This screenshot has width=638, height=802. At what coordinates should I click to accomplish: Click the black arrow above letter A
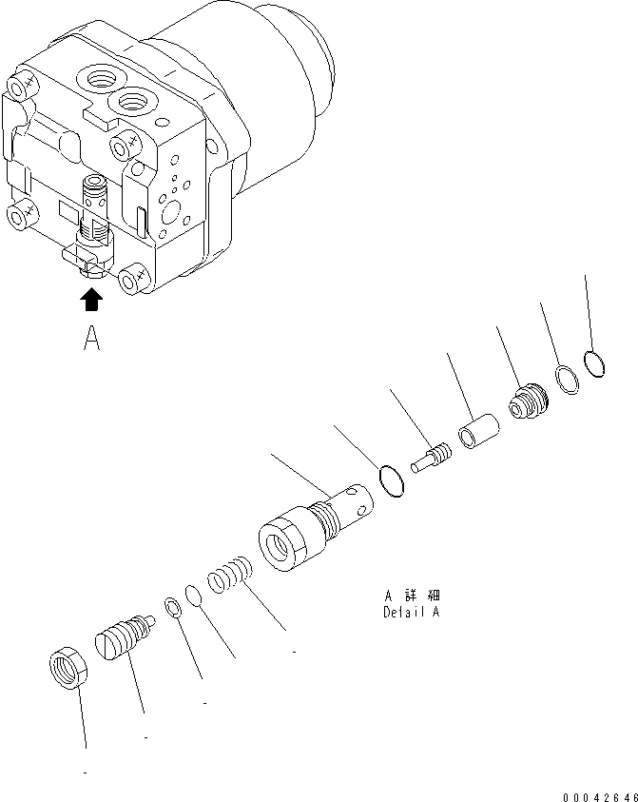pos(91,302)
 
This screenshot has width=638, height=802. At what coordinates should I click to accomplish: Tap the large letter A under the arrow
pos(91,339)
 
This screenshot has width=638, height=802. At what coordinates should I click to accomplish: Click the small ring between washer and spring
pos(193,595)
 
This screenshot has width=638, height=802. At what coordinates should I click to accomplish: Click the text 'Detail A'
pos(410,612)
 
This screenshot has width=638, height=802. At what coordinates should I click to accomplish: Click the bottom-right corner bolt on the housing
pos(133,278)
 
